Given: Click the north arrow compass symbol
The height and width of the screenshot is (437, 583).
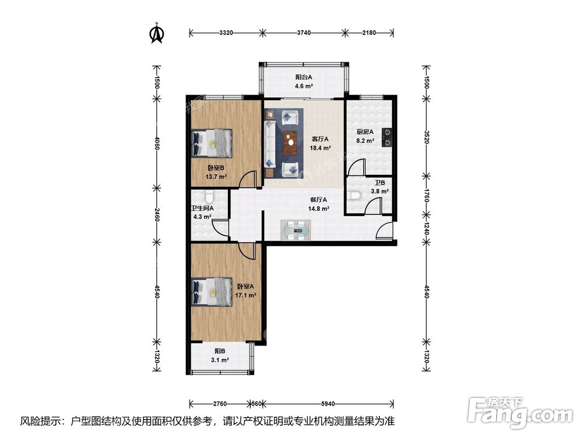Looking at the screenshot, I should [x=156, y=33].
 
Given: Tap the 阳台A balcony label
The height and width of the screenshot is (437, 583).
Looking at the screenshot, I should [x=303, y=77].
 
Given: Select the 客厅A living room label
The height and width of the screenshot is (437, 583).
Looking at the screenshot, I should [x=321, y=139].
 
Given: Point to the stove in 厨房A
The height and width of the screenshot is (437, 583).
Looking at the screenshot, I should [x=387, y=139].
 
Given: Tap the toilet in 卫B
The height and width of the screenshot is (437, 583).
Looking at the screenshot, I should [x=354, y=195].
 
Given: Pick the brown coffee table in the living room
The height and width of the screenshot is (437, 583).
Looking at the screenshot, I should [x=291, y=140].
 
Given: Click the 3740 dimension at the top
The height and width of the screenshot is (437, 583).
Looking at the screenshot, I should [x=304, y=33].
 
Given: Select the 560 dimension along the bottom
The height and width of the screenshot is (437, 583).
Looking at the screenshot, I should [x=257, y=403].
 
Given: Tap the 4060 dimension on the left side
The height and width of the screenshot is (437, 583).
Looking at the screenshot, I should [x=157, y=143].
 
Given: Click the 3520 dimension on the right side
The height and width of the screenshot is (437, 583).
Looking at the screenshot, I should [x=426, y=138].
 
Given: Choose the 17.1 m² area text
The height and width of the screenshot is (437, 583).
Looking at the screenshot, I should [x=245, y=295].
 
